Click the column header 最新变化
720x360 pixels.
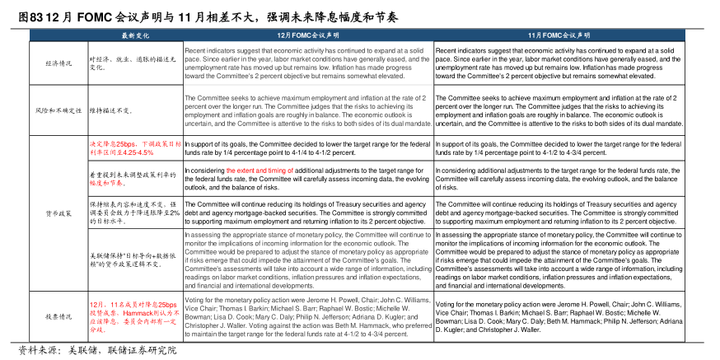pos(135,36)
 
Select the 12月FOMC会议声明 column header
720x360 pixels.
pos(308,36)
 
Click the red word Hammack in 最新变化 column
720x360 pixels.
pos(126,313)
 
